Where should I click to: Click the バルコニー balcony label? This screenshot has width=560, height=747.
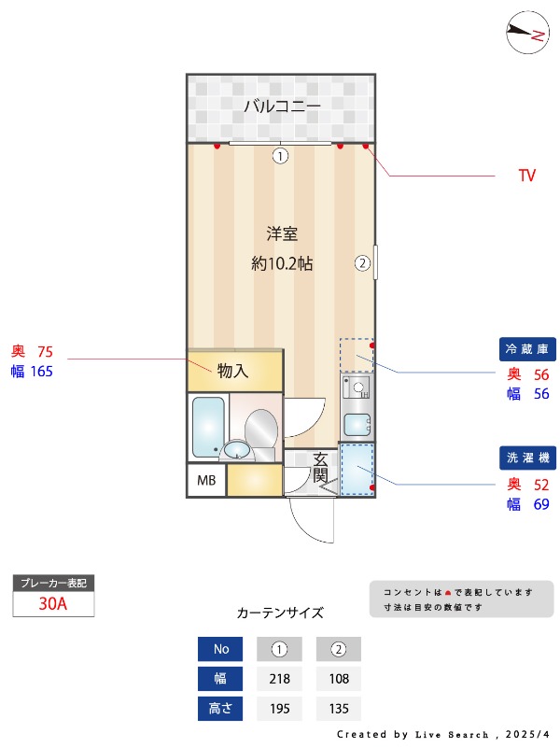pyautogui.click(x=282, y=106)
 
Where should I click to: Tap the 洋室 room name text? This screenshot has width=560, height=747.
pyautogui.click(x=281, y=233)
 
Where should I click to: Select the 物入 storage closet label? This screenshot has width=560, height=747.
pyautogui.click(x=232, y=371)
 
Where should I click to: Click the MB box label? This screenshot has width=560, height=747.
pyautogui.click(x=205, y=481)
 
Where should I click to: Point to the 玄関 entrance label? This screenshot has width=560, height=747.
pyautogui.click(x=320, y=468)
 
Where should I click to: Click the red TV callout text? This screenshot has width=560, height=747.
pyautogui.click(x=527, y=176)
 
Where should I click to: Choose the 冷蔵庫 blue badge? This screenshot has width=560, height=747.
pyautogui.click(x=528, y=350)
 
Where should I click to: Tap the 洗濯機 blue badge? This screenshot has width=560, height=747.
pyautogui.click(x=528, y=458)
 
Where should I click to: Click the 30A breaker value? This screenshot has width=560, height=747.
pyautogui.click(x=53, y=603)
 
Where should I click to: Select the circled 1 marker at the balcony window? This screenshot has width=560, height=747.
pyautogui.click(x=280, y=156)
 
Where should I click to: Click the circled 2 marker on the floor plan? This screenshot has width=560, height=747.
pyautogui.click(x=362, y=262)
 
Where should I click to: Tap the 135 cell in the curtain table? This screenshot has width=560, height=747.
pyautogui.click(x=339, y=709)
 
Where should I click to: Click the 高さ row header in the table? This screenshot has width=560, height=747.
pyautogui.click(x=220, y=709)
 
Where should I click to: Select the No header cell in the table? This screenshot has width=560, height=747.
pyautogui.click(x=220, y=649)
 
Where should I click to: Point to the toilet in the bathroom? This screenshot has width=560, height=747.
pyautogui.click(x=260, y=430)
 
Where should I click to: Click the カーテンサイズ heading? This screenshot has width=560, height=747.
pyautogui.click(x=280, y=613)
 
